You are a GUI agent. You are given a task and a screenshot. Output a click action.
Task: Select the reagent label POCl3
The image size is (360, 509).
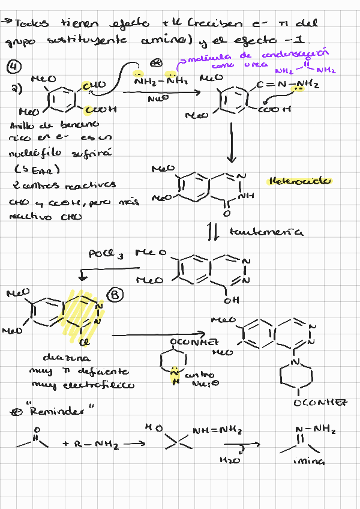pos(106,254)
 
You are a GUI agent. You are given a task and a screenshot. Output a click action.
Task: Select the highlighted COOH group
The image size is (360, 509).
pos(100,110)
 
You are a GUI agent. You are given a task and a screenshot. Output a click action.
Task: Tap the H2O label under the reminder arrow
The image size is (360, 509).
pos(230,461)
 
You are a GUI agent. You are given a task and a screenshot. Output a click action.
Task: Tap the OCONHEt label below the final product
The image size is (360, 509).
pos(320,403)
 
